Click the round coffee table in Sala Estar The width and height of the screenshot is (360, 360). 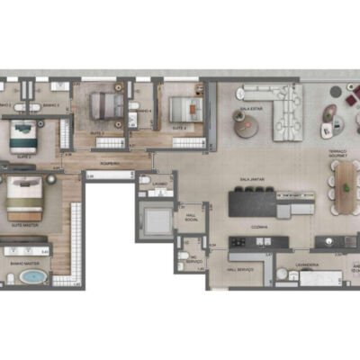pyautogui.click(x=246, y=129)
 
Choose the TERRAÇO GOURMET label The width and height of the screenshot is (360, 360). pyautogui.click(x=337, y=155)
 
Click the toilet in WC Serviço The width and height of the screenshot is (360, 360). pyautogui.click(x=184, y=256)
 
